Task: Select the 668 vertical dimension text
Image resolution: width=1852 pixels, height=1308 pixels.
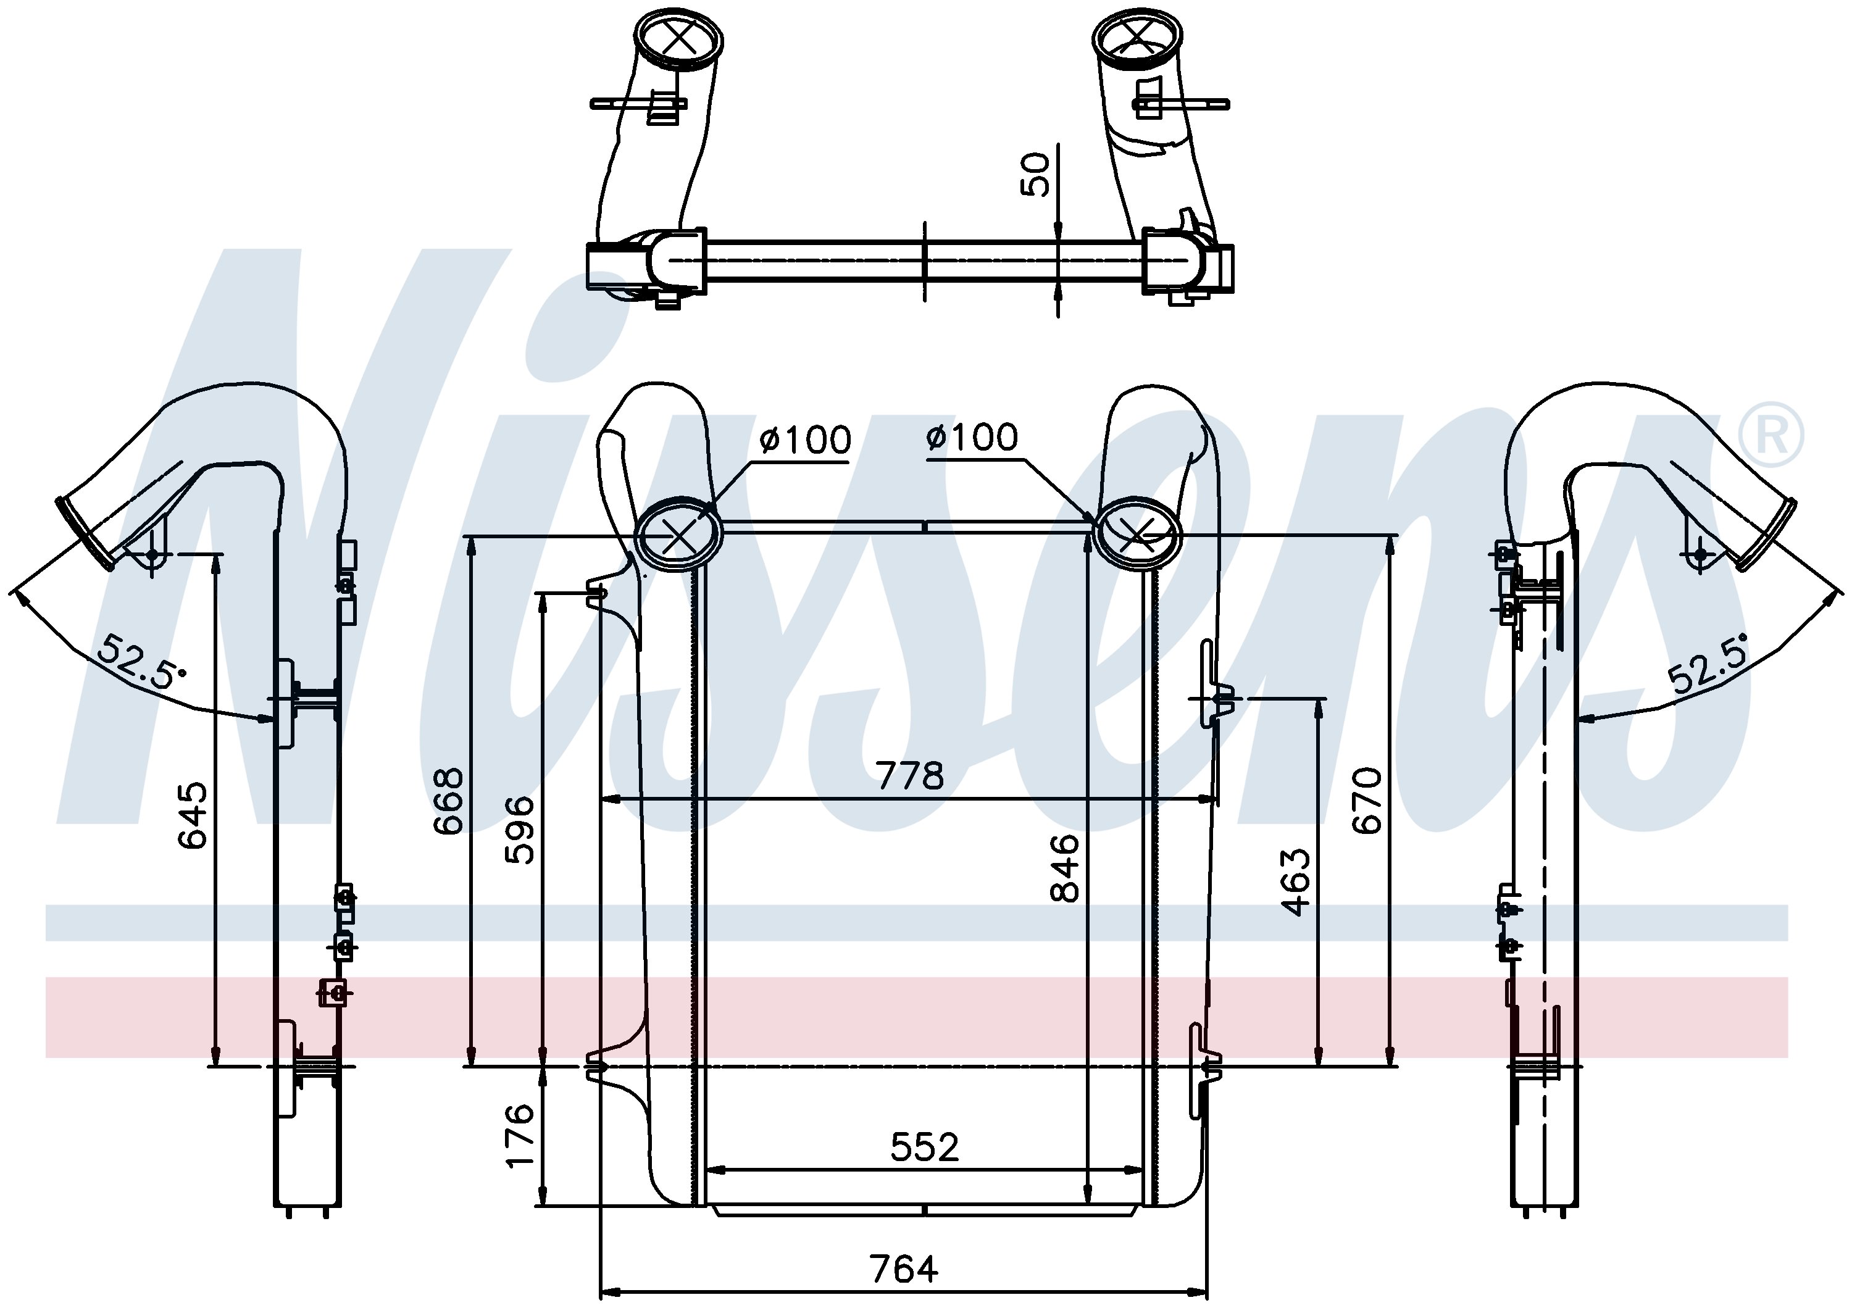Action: (x=448, y=801)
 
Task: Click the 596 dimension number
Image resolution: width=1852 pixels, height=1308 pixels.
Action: (x=519, y=830)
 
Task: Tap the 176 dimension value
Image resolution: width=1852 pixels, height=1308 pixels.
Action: (x=519, y=1135)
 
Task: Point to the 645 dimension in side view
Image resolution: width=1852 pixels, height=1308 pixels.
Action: (x=192, y=815)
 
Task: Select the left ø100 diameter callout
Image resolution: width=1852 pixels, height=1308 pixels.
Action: (x=805, y=440)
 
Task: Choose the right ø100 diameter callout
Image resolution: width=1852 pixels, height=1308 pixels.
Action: (x=972, y=437)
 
